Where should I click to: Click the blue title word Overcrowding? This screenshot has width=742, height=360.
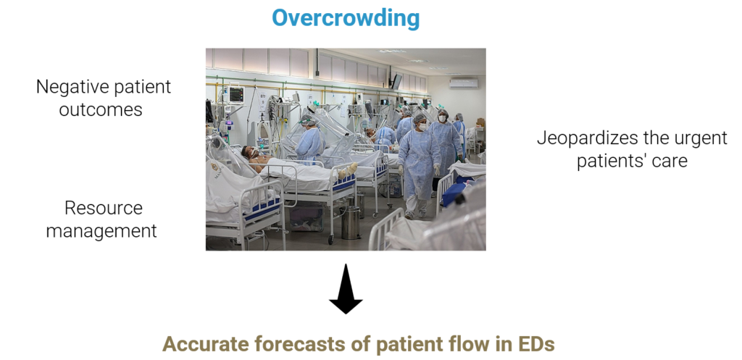[x=346, y=18]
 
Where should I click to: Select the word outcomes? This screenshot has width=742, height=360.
[x=100, y=110]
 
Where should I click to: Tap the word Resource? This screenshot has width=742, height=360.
[x=103, y=208]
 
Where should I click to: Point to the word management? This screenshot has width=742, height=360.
[x=101, y=231]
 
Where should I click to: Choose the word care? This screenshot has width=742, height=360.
[x=670, y=162]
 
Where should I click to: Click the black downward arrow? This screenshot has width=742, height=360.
[x=346, y=288]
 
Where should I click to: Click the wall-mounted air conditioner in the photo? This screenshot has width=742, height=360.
[x=463, y=83]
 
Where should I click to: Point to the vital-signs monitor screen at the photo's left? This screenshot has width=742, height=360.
[x=235, y=93]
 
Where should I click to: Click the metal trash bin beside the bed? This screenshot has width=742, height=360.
[x=351, y=222]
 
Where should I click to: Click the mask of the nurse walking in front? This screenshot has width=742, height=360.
[x=422, y=127]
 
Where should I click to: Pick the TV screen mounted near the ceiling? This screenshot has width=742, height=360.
[x=396, y=81]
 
